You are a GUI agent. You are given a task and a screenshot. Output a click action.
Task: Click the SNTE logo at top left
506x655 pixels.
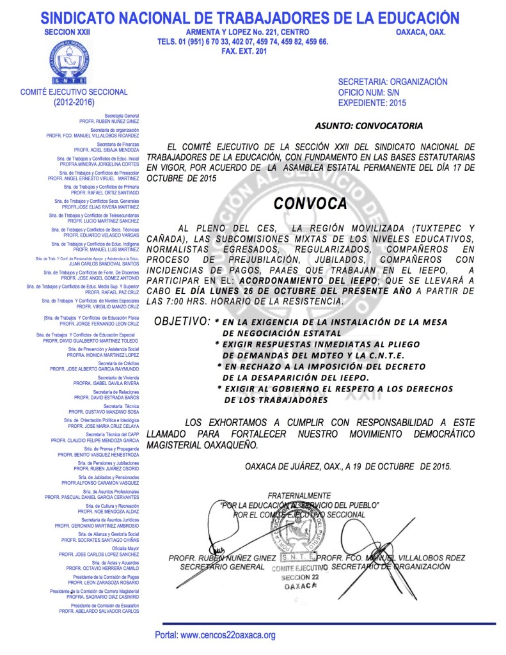pos(74,63)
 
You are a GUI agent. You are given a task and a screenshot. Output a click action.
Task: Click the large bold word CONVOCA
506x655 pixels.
pos(310,203)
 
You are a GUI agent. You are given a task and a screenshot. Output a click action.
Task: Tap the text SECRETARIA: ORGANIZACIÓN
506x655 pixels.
pos(392,82)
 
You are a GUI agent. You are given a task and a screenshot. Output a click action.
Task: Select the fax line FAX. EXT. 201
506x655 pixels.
pos(242,51)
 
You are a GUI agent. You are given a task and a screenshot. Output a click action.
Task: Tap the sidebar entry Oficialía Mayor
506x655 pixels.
pos(125,548)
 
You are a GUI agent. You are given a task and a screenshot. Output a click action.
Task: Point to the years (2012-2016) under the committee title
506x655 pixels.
pos(74,102)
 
